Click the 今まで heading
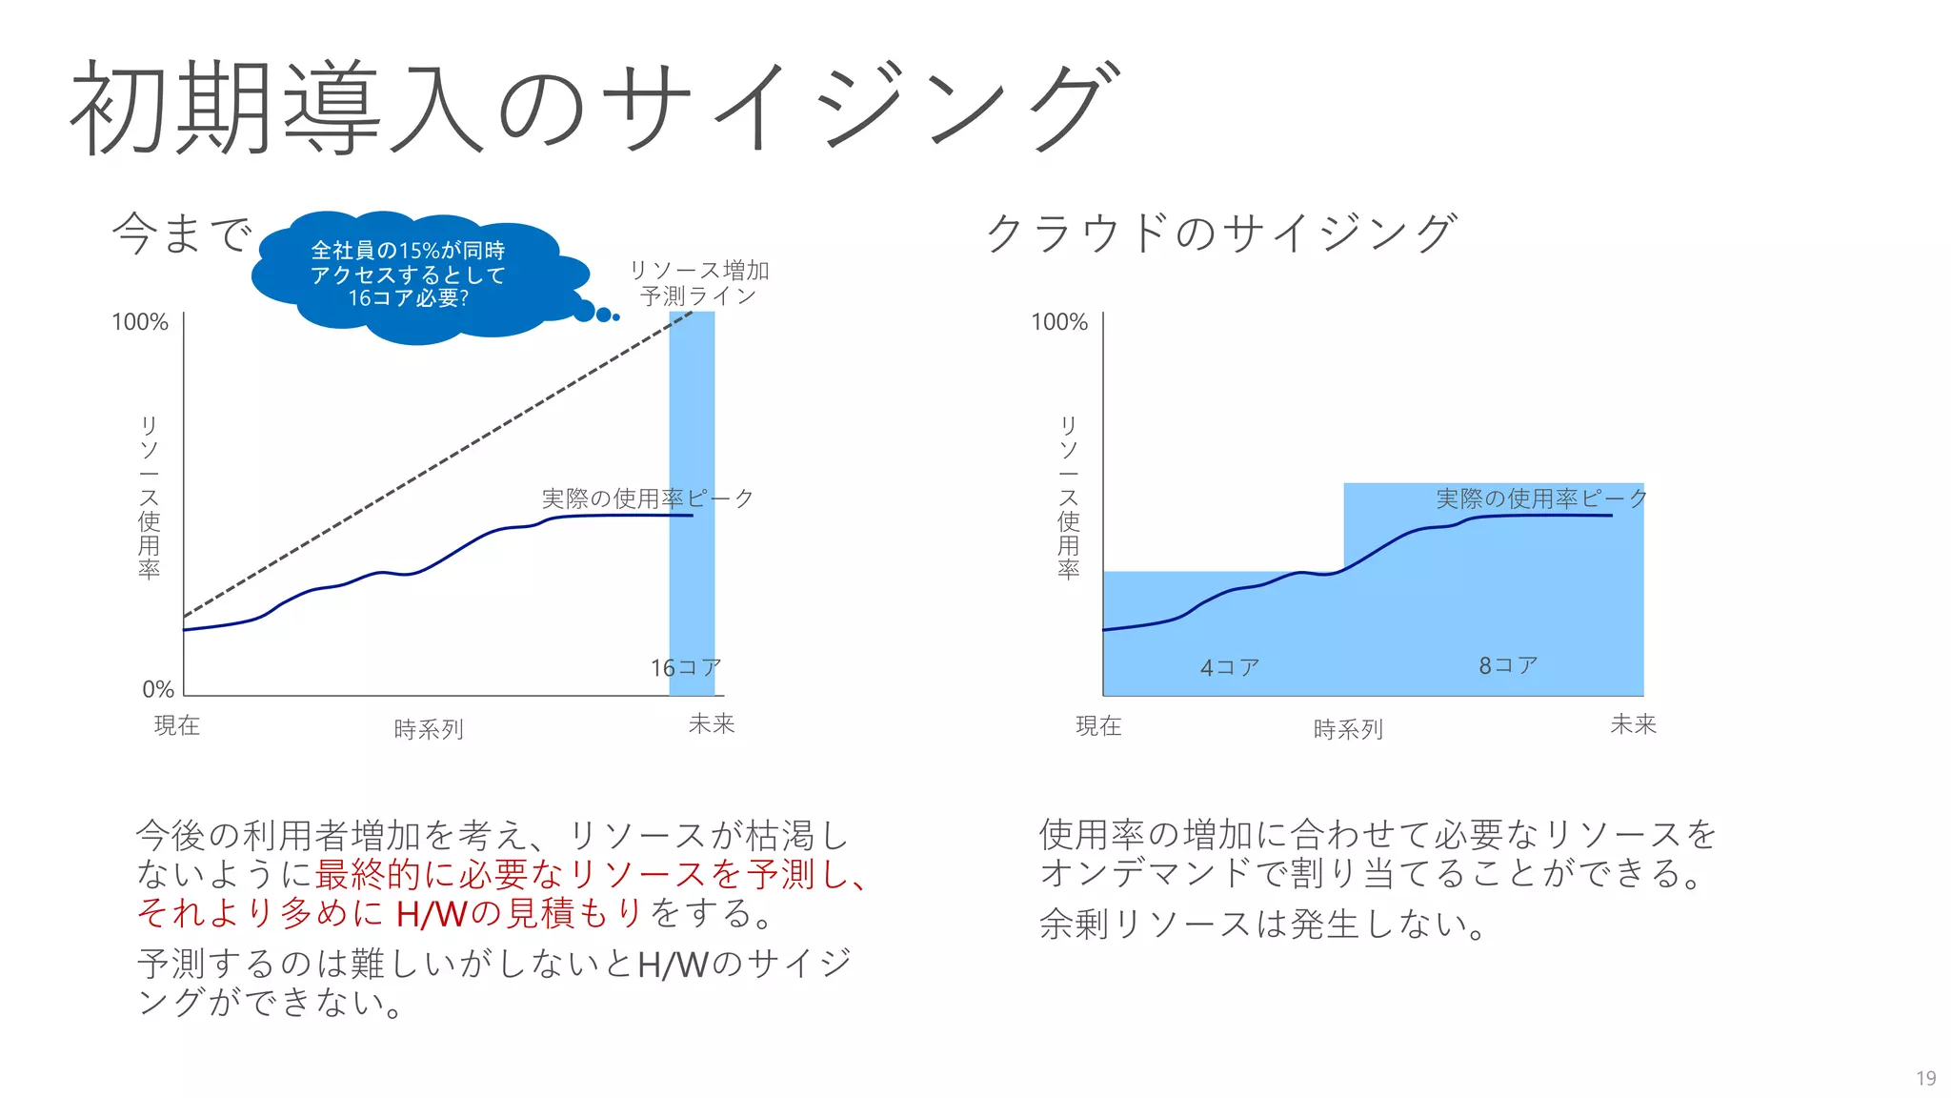[182, 234]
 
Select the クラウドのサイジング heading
[1221, 234]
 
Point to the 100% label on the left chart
[139, 322]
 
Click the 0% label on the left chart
[157, 689]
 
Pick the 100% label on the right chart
[1058, 322]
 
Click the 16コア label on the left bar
[685, 668]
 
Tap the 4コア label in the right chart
[1229, 667]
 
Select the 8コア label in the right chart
[1507, 665]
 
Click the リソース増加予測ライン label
[698, 283]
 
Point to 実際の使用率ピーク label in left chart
[648, 498]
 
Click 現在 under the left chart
[177, 725]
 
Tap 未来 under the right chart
[1633, 724]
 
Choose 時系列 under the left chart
[429, 729]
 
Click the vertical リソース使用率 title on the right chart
[1068, 497]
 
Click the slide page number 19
[1925, 1078]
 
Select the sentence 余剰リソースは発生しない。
[1262, 924]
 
